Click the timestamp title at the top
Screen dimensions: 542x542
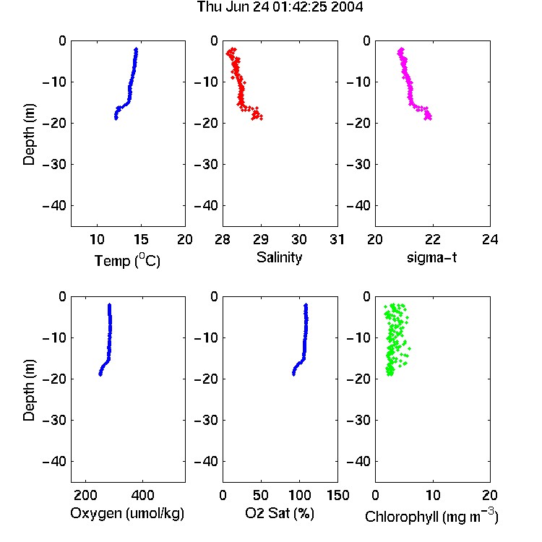tap(280, 7)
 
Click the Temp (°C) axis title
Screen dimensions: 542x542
tap(127, 260)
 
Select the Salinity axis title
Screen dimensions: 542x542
tap(279, 257)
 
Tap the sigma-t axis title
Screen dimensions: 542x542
tap(431, 257)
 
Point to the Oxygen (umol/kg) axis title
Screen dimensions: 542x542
tap(127, 513)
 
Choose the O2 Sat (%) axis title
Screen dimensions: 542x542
tap(280, 513)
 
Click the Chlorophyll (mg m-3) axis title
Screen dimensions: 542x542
tap(431, 516)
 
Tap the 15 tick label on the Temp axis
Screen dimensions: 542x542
tap(141, 239)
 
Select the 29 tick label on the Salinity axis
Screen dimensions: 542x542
tap(261, 239)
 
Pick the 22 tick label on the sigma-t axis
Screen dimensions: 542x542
tap(432, 239)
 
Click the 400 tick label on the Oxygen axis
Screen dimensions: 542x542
tap(143, 495)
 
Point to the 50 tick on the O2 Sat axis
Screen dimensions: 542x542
tap(261, 495)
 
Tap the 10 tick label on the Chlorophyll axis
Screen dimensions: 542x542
tap(432, 495)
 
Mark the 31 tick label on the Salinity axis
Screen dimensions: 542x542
tap(337, 239)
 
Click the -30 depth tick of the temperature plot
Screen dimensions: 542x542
tap(54, 165)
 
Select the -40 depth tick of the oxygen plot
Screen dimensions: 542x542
tap(54, 461)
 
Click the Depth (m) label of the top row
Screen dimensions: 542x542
tap(29, 134)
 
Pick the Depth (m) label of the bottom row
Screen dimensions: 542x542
tap(29, 390)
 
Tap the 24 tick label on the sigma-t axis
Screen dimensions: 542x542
tap(490, 239)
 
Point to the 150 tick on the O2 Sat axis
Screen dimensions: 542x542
tap(337, 495)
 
